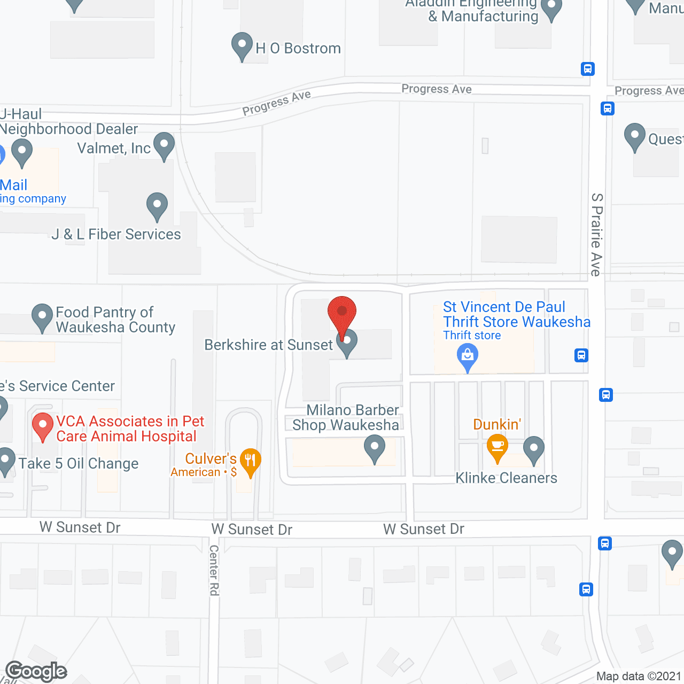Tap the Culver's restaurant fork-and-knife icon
pos(250,461)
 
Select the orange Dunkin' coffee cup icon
pos(498,446)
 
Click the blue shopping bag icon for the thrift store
pos(468,355)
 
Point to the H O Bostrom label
pos(298,49)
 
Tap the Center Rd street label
pos(214,570)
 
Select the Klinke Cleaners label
pos(506,478)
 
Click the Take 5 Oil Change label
pos(79,463)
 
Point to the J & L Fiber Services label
pos(116,234)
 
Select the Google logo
pos(36,671)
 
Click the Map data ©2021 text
pos(639,676)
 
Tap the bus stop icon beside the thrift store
pos(581,355)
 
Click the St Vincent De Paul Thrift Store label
pos(517,314)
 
